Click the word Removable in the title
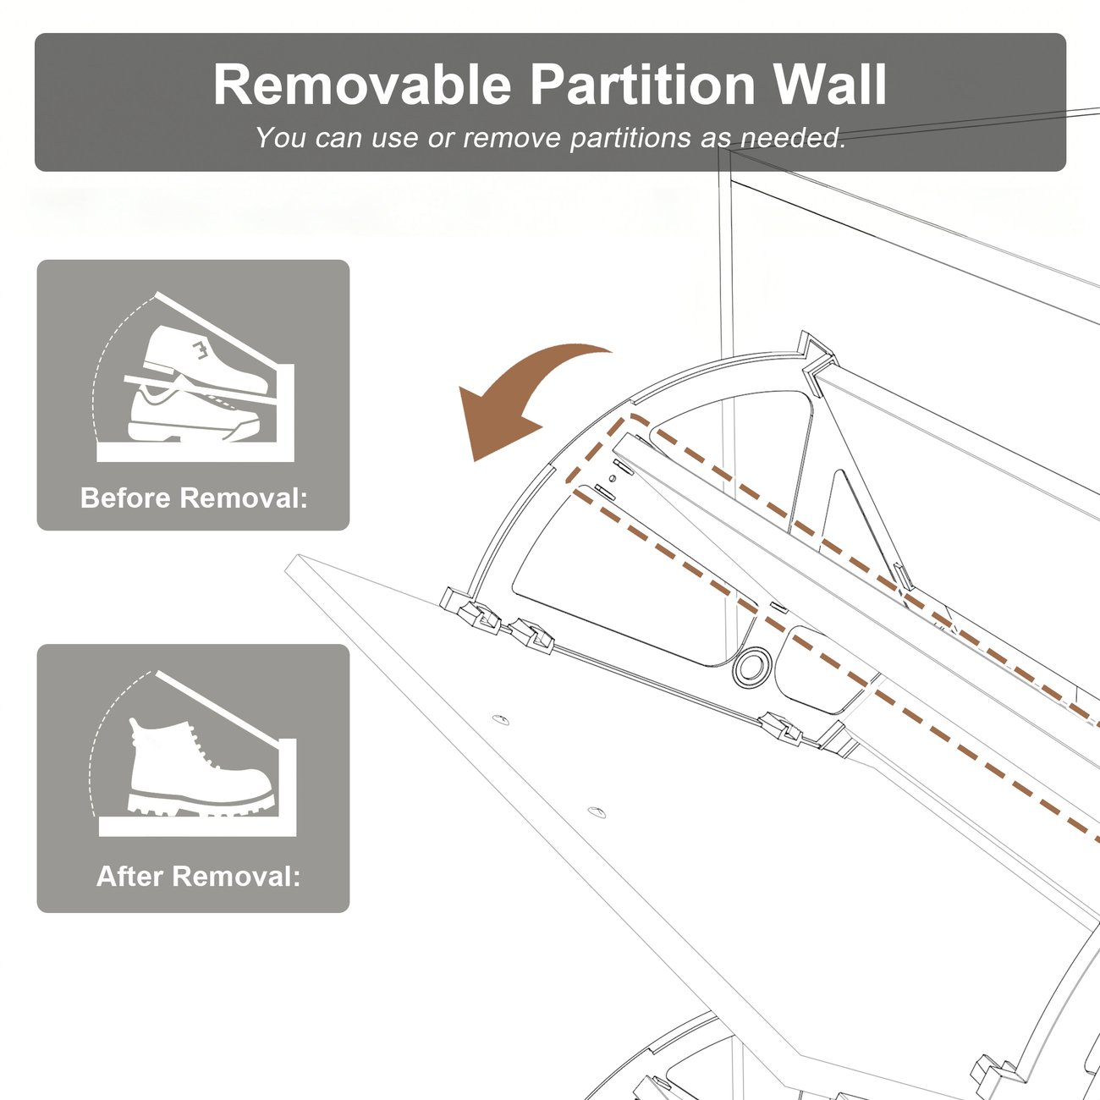(x=362, y=85)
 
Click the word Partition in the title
(x=643, y=85)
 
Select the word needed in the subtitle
(x=794, y=138)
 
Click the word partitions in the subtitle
(x=630, y=139)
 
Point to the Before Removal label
(x=194, y=498)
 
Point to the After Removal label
(x=198, y=877)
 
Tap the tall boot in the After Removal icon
(x=200, y=767)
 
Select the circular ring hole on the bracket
(x=751, y=666)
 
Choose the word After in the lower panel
(x=129, y=877)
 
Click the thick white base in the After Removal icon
(x=197, y=827)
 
